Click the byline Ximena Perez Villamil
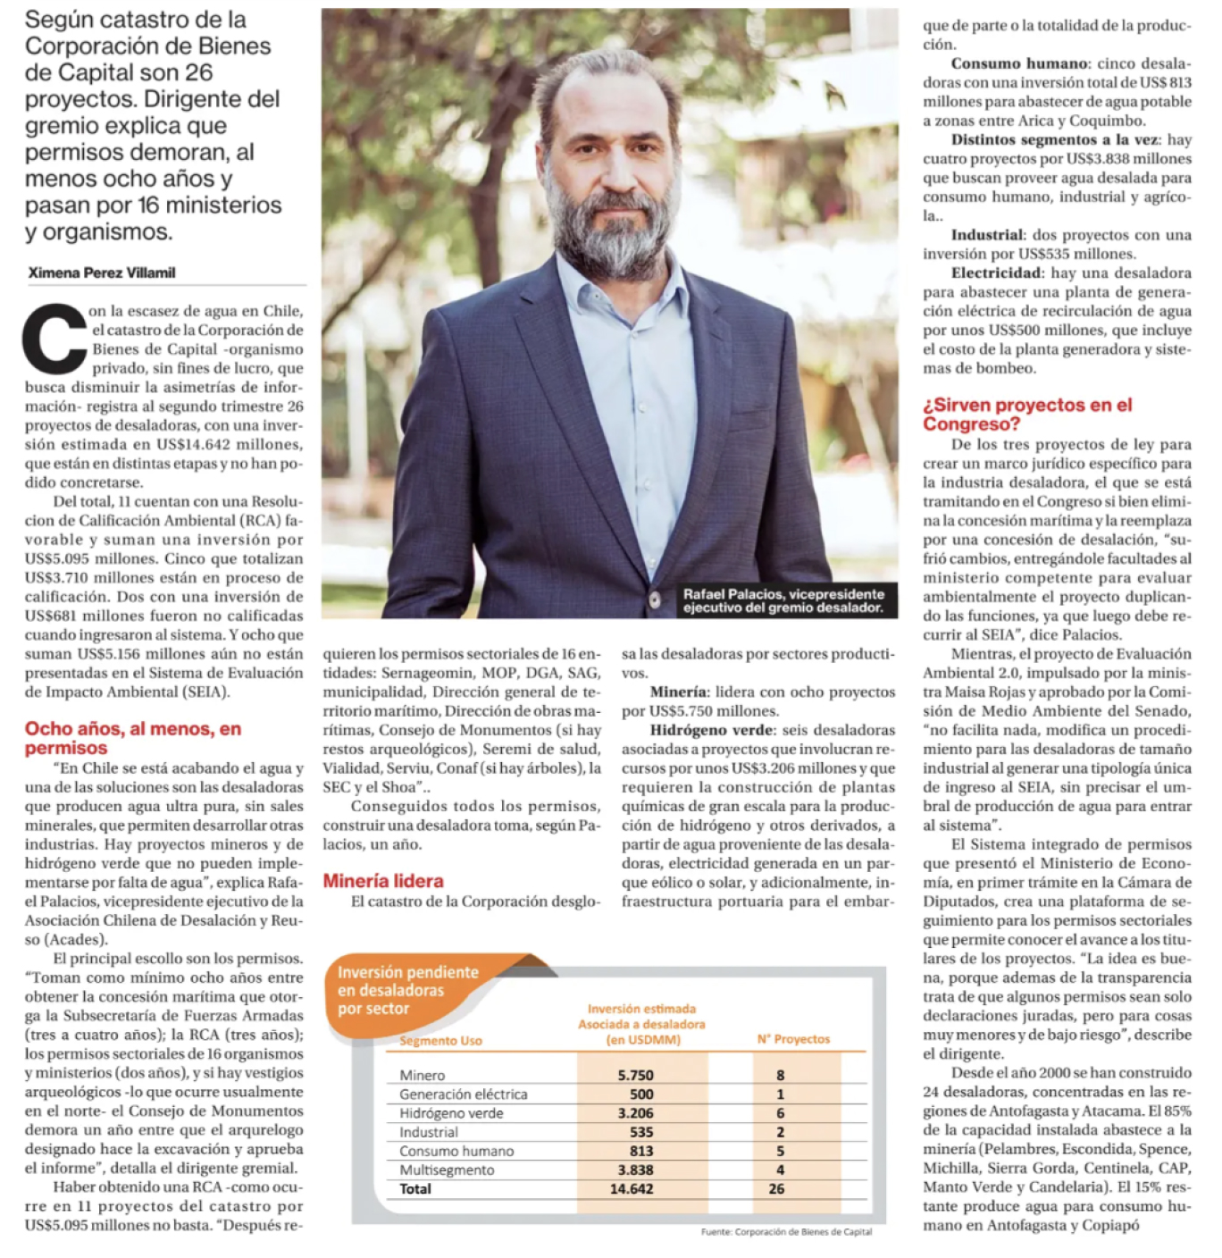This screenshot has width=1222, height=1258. [x=102, y=273]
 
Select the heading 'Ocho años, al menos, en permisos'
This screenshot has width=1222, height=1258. [x=132, y=738]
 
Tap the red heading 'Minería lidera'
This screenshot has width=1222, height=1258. [x=383, y=881]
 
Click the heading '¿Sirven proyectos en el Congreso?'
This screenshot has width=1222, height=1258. [x=1027, y=415]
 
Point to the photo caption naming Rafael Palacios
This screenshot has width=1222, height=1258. [x=783, y=600]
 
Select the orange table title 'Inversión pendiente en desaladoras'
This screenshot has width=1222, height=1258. [x=407, y=990]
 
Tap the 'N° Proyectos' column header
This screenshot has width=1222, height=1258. [x=793, y=1039]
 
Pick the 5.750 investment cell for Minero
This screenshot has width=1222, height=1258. [x=635, y=1076]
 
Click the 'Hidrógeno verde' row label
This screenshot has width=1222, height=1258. [x=451, y=1113]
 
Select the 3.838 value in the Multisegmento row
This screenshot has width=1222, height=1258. [x=635, y=1170]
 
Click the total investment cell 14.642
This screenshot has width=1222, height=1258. [x=632, y=1189]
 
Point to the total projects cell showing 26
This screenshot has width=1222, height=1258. [x=776, y=1189]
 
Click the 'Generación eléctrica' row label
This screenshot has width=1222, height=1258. [x=463, y=1094]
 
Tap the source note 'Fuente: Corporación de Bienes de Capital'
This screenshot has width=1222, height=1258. [x=786, y=1231]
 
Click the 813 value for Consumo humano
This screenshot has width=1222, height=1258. [x=640, y=1151]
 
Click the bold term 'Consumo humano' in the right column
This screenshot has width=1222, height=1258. [x=1018, y=63]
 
